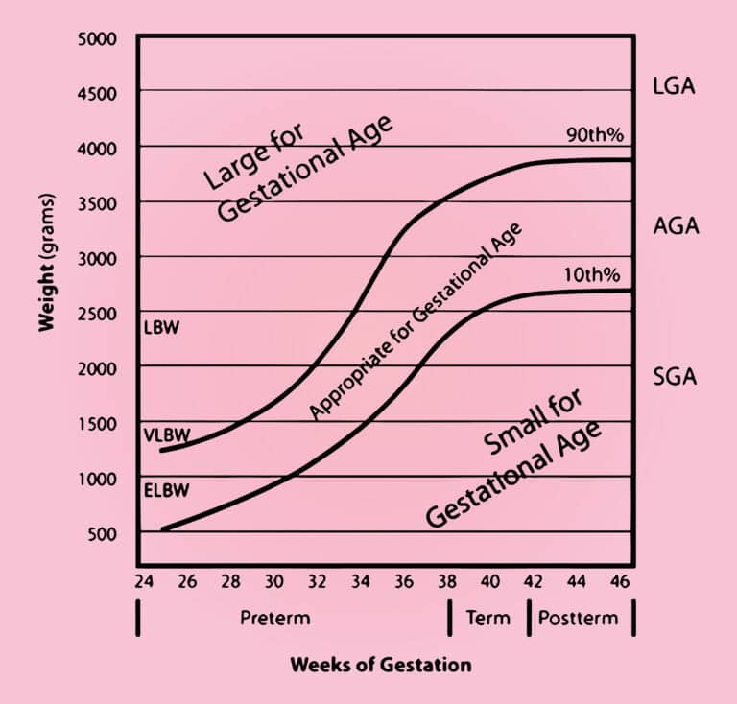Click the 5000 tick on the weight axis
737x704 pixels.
pyautogui.click(x=96, y=39)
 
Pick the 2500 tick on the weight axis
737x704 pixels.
pyautogui.click(x=96, y=314)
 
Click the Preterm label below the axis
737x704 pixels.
pyautogui.click(x=274, y=618)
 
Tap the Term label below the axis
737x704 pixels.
pyautogui.click(x=487, y=618)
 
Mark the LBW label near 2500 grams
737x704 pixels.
pyautogui.click(x=161, y=326)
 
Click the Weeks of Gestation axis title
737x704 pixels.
pyautogui.click(x=381, y=664)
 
